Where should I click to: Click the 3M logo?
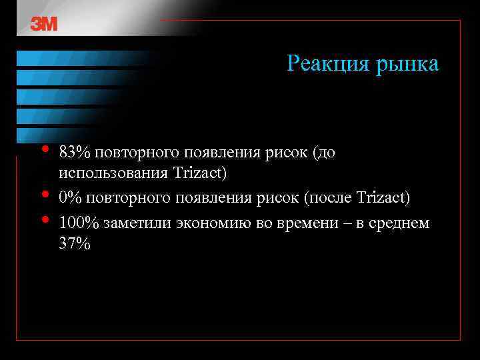44,24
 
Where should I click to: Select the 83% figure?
74,153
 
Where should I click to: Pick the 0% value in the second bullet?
70,198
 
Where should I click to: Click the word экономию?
215,222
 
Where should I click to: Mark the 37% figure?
74,243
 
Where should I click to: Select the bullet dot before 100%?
44,218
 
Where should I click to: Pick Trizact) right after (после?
383,198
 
